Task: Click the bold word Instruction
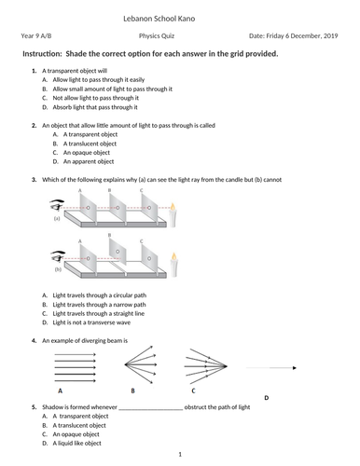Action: coord(45,54)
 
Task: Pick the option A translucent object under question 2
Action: coord(85,144)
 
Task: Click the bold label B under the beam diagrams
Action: coord(133,391)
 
